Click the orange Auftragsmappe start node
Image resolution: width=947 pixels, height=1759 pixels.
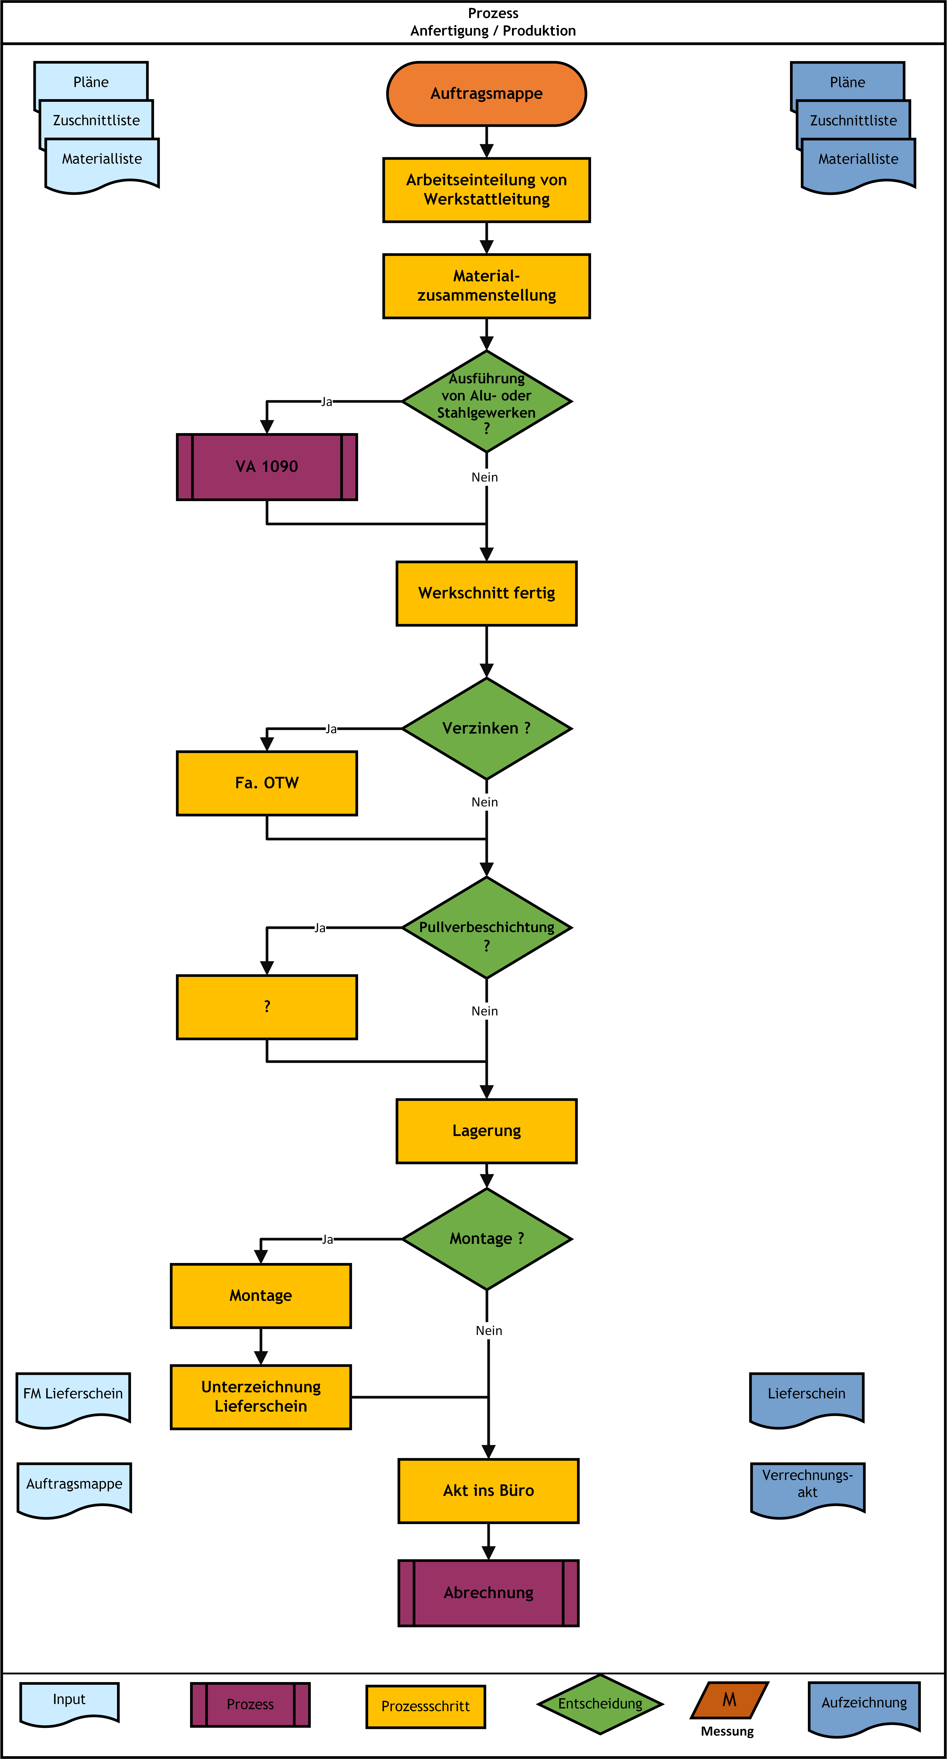[x=486, y=94]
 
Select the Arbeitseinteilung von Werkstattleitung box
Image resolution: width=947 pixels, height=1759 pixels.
[x=486, y=190]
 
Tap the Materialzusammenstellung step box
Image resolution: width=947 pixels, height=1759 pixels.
[x=486, y=286]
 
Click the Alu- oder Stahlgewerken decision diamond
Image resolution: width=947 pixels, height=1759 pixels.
[x=486, y=402]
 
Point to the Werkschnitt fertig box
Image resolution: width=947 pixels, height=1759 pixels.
[x=486, y=593]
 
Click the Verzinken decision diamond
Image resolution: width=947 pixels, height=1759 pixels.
[x=486, y=729]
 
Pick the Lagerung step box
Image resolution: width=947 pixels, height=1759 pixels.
[x=486, y=1131]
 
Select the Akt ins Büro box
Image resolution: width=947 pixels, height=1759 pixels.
[x=488, y=1491]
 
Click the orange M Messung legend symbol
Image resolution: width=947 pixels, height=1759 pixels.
[x=729, y=1700]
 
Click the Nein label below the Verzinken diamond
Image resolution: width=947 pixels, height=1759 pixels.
[x=485, y=802]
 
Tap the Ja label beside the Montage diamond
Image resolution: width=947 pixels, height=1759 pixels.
[x=328, y=1239]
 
